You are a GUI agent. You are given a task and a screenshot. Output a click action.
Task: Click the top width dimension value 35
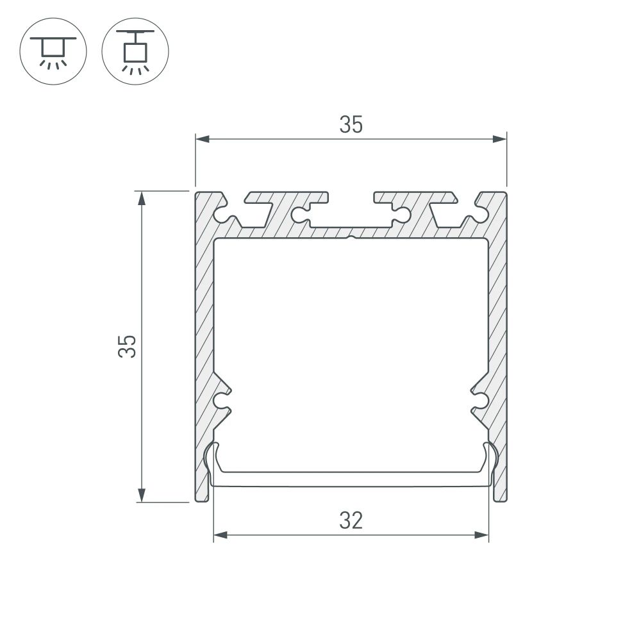tap(351, 125)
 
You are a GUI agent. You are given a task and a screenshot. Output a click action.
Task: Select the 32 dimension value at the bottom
tap(351, 520)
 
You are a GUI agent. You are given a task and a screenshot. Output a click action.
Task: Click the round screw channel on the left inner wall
tap(222, 402)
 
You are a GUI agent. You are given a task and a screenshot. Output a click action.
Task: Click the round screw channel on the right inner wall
tap(479, 402)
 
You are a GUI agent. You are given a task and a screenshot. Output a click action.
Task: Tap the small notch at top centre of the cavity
tap(351, 240)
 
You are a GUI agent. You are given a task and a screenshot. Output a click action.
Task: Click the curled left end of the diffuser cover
tap(210, 458)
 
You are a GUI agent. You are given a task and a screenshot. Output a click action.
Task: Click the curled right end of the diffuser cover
tap(492, 458)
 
